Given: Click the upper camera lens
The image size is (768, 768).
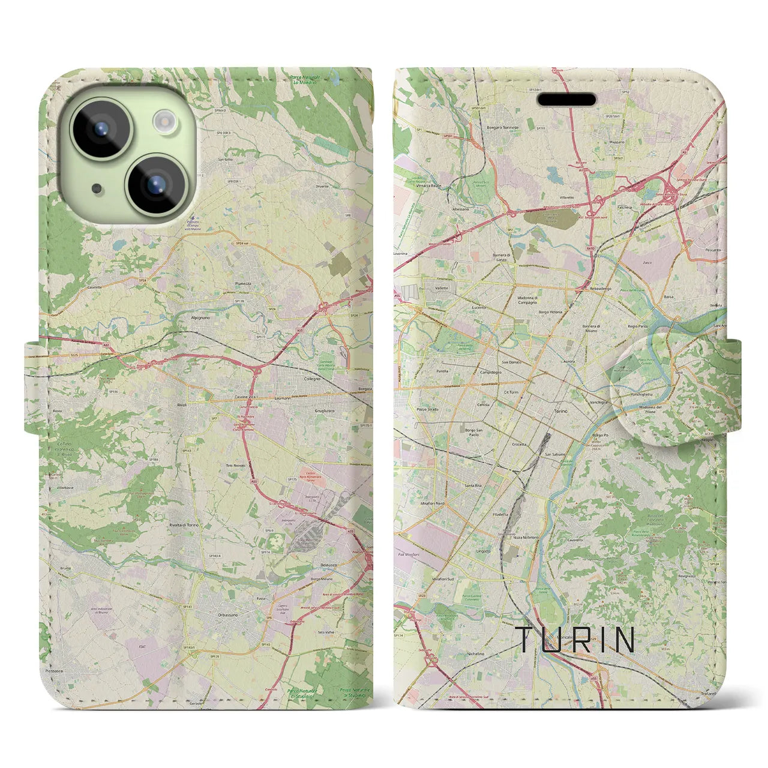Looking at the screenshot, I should [x=101, y=127].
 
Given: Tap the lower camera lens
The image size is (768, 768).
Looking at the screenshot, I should [x=157, y=182].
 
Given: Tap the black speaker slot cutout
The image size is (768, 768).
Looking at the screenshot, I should [x=566, y=99].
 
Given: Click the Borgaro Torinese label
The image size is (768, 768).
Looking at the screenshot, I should [x=503, y=128].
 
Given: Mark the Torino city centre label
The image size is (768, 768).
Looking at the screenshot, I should [x=560, y=412].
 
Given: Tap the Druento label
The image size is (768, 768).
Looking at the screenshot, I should [x=322, y=187].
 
